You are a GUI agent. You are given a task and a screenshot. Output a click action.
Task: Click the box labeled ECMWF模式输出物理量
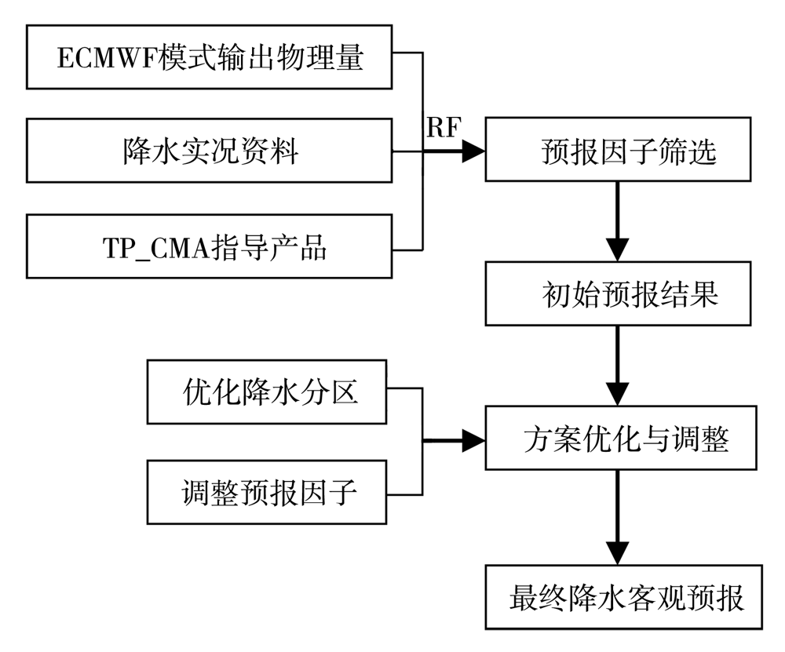209,57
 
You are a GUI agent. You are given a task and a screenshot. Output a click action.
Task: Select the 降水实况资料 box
209,151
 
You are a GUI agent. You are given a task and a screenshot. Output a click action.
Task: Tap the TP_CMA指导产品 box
209,246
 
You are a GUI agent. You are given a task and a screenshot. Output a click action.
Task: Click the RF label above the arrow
444,127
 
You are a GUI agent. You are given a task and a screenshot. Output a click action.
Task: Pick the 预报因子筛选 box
618,149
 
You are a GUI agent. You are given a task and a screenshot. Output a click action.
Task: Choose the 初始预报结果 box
618,293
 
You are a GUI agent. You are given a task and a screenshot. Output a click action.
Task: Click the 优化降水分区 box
267,392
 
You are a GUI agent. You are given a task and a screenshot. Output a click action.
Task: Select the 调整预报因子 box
267,493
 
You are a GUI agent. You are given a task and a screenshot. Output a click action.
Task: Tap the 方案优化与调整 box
621,438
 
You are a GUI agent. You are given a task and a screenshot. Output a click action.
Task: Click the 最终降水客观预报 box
624,597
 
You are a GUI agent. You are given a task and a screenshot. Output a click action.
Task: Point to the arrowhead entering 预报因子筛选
473,151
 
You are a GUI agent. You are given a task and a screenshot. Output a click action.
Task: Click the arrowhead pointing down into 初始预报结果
617,250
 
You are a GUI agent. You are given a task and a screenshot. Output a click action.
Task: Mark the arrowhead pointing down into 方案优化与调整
617,395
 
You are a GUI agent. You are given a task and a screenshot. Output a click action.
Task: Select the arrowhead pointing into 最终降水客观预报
617,553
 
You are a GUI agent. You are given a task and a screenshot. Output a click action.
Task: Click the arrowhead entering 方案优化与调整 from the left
473,441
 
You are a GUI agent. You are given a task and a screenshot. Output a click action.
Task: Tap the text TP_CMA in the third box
155,248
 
